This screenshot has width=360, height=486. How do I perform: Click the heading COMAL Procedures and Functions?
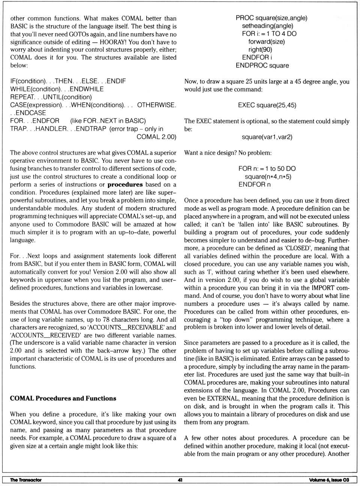click(63, 398)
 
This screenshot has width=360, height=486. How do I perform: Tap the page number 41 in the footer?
click(180, 480)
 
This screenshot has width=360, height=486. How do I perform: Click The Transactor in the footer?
click(26, 480)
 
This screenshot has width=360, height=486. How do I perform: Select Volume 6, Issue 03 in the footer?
click(329, 480)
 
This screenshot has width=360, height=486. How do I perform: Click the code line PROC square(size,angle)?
click(271, 18)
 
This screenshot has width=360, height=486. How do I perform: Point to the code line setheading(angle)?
click(267, 26)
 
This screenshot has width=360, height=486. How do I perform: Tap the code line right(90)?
click(260, 49)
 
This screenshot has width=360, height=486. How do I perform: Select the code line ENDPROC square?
click(262, 65)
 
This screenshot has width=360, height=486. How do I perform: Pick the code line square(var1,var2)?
click(267, 137)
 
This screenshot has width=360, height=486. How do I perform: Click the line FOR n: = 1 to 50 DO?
click(267, 168)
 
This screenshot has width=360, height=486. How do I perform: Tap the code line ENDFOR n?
click(254, 184)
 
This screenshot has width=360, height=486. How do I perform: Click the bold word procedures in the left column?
click(125, 184)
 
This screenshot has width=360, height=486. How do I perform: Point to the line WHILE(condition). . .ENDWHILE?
click(57, 89)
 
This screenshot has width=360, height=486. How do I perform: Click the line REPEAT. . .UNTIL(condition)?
click(51, 97)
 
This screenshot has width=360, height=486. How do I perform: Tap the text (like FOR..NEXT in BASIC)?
click(108, 121)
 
